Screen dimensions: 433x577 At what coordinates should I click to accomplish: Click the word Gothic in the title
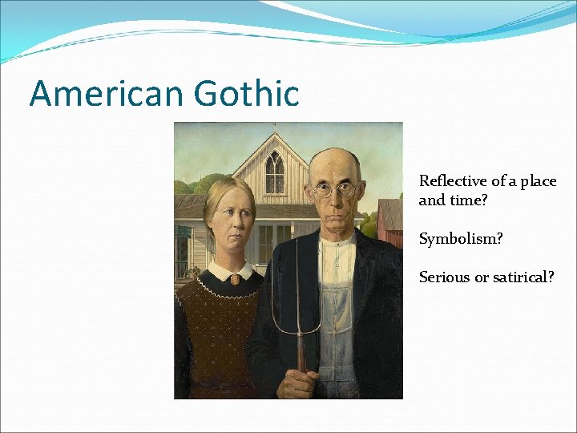coord(246,93)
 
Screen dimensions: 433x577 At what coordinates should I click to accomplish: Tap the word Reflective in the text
coord(454,181)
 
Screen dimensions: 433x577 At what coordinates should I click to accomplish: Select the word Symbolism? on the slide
coord(461,239)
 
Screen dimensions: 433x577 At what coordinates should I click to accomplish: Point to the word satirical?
coord(520,277)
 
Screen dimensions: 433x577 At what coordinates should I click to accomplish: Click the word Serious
coord(442,277)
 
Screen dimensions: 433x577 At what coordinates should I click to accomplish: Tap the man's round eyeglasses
coord(335,189)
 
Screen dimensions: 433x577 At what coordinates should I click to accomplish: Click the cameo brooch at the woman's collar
coord(236,280)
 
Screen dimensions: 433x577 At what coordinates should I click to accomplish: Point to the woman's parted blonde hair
coord(228,192)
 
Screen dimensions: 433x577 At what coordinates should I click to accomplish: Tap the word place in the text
coord(538,181)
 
